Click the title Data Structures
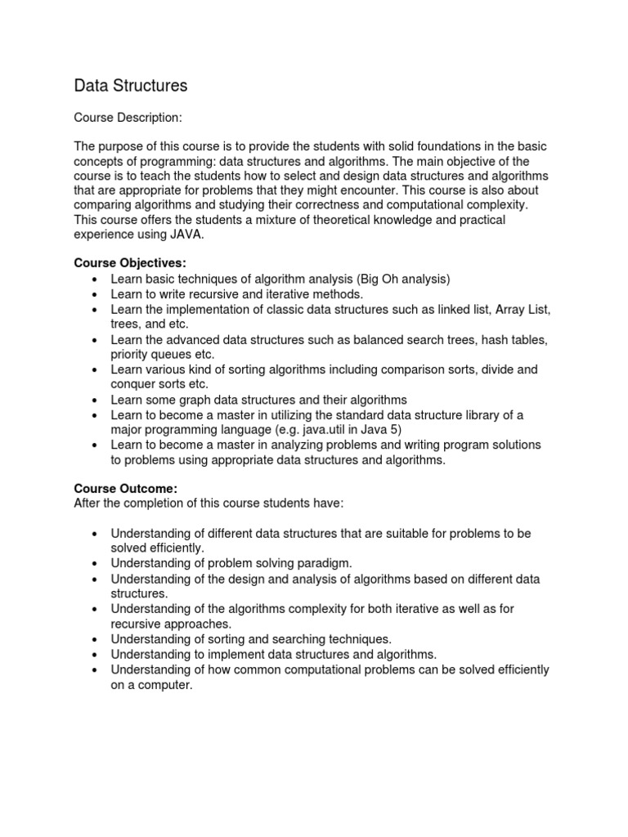(x=131, y=85)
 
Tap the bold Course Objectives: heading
(x=130, y=262)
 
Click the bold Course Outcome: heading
(x=126, y=488)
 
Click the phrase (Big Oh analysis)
(x=394, y=279)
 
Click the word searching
(x=299, y=638)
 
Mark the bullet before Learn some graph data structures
(x=95, y=400)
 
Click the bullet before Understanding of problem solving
(x=95, y=563)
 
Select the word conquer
(x=134, y=384)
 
